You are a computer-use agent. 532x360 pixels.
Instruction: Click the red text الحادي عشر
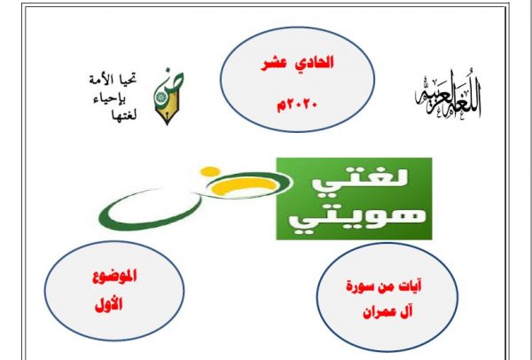pyautogui.click(x=297, y=63)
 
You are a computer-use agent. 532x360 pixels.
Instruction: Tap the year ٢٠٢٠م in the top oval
pyautogui.click(x=297, y=106)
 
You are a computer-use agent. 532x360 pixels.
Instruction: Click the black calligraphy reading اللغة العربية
pyautogui.click(x=448, y=95)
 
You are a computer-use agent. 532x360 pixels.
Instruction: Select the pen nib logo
pyautogui.click(x=168, y=97)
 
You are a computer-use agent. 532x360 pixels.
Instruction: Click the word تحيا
pyautogui.click(x=129, y=80)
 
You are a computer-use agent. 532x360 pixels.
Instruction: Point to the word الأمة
pyautogui.click(x=103, y=81)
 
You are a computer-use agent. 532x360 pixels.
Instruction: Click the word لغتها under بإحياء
pyautogui.click(x=124, y=115)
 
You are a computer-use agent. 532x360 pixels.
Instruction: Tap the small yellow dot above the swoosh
pyautogui.click(x=210, y=171)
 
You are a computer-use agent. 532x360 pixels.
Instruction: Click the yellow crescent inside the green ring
pyautogui.click(x=247, y=185)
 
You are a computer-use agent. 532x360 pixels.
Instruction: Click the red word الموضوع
pyautogui.click(x=114, y=277)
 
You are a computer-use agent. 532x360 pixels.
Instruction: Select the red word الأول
pyautogui.click(x=108, y=305)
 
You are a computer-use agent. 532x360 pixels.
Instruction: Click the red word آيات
pyautogui.click(x=411, y=286)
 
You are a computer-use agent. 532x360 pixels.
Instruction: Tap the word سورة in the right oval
pyautogui.click(x=358, y=287)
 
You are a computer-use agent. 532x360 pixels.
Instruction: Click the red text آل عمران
pyautogui.click(x=387, y=312)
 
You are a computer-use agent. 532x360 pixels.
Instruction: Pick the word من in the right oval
pyautogui.click(x=387, y=287)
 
